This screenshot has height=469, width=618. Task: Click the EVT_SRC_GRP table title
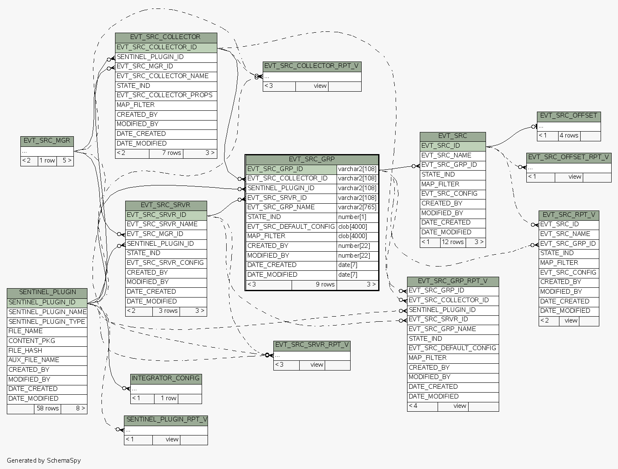pos(312,159)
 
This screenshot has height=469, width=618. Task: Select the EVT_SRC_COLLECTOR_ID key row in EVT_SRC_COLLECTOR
pos(157,47)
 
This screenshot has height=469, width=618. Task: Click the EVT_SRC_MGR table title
pos(47,140)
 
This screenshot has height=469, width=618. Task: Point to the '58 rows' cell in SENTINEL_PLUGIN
pos(48,408)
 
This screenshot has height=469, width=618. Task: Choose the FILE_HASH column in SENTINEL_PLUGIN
pos(25,351)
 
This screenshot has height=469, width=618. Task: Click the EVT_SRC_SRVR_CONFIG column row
pos(165,263)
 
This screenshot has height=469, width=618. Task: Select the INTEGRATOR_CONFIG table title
pos(166,378)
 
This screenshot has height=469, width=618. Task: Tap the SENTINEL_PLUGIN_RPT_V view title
pos(166,419)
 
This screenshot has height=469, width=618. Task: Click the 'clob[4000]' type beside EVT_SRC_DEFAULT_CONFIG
pos(352,227)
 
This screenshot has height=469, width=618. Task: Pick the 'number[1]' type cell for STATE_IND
pos(352,217)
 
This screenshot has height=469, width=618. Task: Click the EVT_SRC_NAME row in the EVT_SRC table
pos(446,155)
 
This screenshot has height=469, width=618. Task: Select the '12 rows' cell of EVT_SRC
pos(452,242)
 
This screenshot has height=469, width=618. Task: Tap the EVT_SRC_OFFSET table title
pos(569,115)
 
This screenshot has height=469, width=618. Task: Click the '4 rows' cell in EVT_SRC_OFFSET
pos(569,135)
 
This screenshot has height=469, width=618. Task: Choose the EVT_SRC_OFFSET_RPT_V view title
pos(568,157)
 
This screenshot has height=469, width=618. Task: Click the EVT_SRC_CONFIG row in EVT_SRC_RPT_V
pos(568,272)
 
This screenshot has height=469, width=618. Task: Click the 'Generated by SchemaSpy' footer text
pos(44,461)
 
